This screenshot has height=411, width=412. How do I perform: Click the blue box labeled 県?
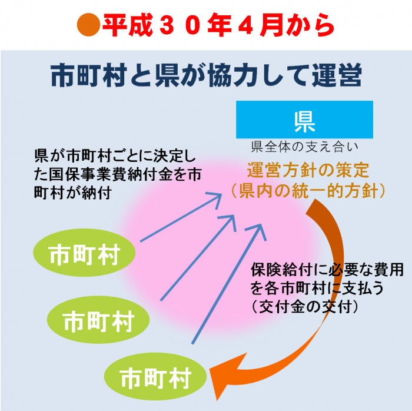coord(304,120)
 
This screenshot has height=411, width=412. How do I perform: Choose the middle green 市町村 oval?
coord(99,321)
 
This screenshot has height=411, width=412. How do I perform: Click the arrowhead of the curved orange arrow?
coord(222,378)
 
